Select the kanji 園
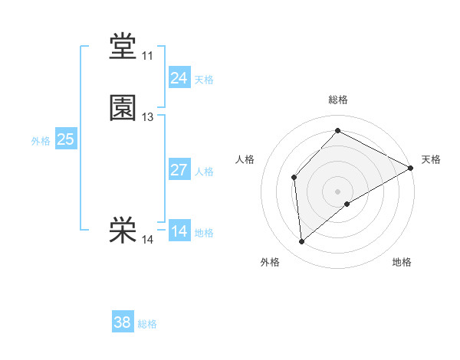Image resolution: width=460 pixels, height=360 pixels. click(123, 108)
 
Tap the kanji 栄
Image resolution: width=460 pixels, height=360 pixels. click(123, 231)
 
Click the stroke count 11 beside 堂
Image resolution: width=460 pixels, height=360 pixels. click(147, 57)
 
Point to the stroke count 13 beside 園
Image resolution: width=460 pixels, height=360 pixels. click(147, 117)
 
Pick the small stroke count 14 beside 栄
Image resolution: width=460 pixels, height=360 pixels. click(147, 240)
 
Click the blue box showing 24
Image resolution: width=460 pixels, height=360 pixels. click(179, 78)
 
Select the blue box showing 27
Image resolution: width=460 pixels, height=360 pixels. click(179, 170)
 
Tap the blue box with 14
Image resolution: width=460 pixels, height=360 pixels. click(179, 231)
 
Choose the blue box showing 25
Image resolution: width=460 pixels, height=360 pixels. click(65, 139)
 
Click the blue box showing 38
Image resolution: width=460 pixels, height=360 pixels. click(122, 322)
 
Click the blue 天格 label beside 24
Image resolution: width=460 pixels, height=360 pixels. click(204, 80)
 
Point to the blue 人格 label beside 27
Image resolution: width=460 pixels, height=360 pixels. click(204, 172)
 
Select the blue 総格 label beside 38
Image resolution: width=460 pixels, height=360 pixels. click(147, 324)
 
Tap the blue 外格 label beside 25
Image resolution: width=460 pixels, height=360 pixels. click(40, 141)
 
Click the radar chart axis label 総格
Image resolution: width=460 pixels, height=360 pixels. click(337, 100)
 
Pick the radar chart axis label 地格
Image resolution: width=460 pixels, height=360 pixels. click(402, 262)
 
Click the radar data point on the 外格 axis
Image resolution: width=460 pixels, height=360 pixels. click(302, 242)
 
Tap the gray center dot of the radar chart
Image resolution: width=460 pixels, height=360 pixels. click(337, 191)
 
